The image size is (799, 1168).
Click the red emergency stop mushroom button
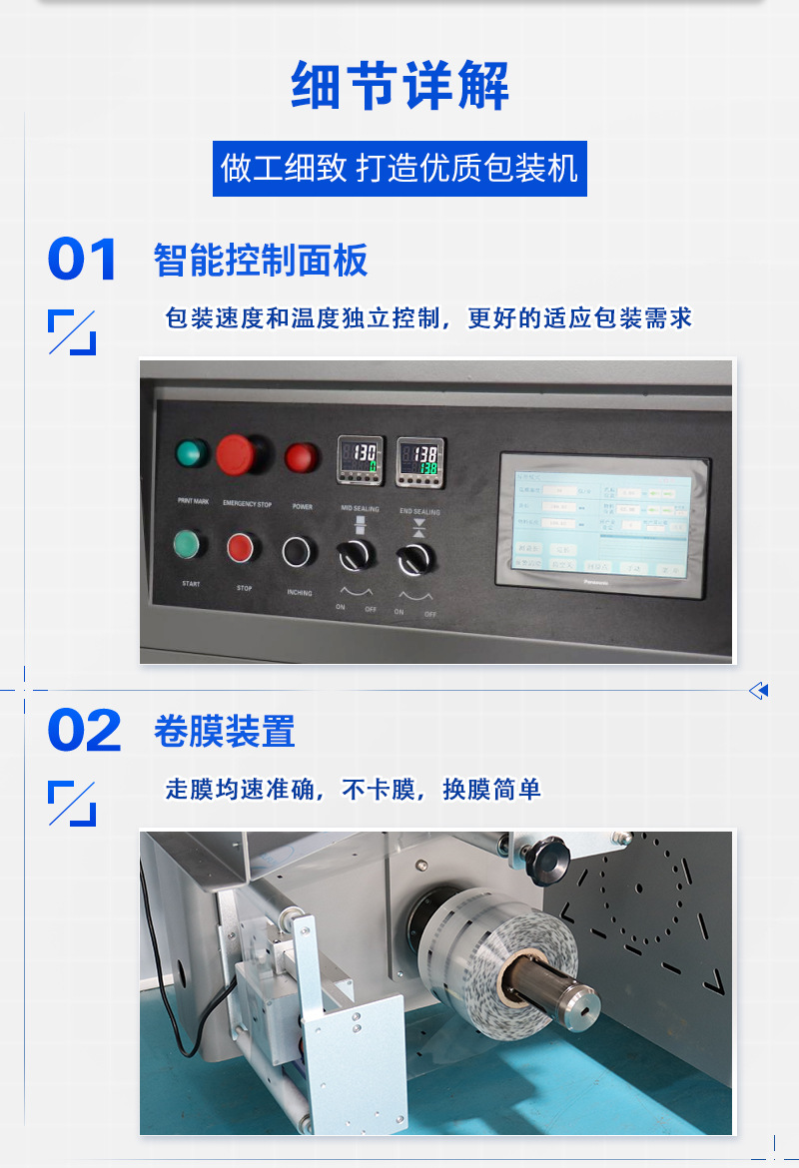tap(240, 455)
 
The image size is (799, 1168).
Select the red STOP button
tap(241, 547)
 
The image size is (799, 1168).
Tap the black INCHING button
tap(297, 550)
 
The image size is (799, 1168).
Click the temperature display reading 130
tap(360, 459)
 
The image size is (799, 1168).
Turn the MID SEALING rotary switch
tap(355, 555)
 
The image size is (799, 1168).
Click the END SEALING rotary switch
tap(413, 559)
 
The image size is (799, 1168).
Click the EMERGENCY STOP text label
tap(247, 505)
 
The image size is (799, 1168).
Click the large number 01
tap(83, 261)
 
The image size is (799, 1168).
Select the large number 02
tap(85, 732)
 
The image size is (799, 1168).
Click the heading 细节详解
tap(399, 86)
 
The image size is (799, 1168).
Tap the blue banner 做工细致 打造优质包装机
tap(399, 168)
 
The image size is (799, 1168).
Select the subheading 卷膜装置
tap(225, 732)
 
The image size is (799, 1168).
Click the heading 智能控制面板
tap(261, 261)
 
